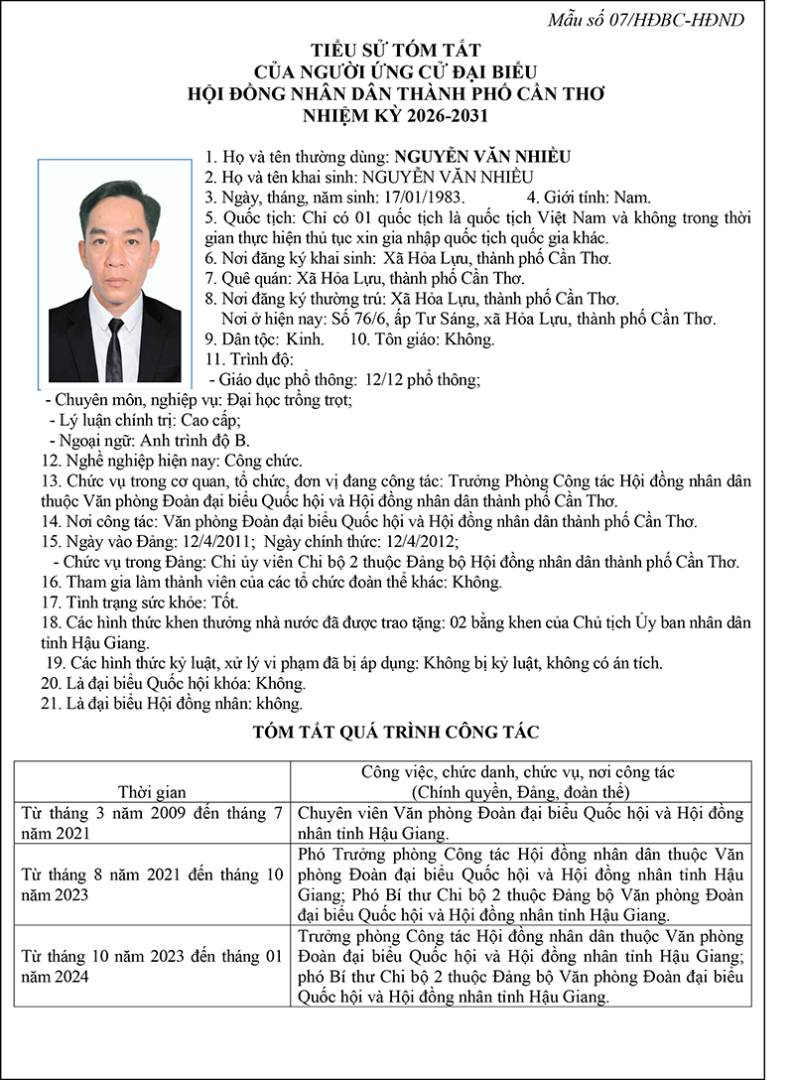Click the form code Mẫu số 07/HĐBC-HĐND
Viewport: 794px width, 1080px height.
point(660,19)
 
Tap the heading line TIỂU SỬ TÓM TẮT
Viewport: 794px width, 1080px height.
point(396,50)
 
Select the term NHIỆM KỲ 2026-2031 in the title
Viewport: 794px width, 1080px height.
point(396,116)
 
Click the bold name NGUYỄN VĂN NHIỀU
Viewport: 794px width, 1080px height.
point(482,157)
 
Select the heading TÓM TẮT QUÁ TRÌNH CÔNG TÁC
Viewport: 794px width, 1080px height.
point(396,733)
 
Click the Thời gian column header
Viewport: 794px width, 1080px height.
point(152,791)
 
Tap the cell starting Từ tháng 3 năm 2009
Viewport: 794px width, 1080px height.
point(152,823)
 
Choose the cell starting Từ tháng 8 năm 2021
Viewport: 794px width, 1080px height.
point(152,884)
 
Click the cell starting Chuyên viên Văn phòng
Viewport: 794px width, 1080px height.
point(520,823)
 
